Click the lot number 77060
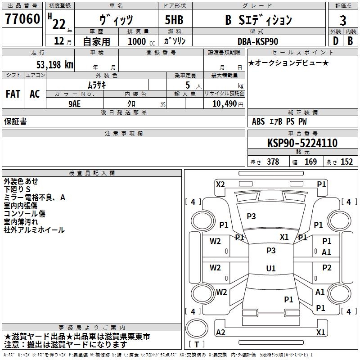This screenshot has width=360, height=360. click(x=22, y=20)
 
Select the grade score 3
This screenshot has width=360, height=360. click(x=343, y=21)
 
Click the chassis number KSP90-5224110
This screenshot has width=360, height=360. click(x=302, y=143)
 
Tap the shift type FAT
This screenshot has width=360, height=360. click(x=13, y=94)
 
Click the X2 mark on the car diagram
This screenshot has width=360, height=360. click(x=220, y=184)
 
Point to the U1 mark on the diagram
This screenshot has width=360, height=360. click(x=271, y=268)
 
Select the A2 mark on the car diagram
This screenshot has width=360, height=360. click(x=220, y=332)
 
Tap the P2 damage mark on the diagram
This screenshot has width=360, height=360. click(x=327, y=268)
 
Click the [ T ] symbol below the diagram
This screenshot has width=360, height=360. click(x=197, y=345)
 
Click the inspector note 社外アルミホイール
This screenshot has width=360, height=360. click(x=34, y=230)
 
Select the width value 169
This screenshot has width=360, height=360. click(x=310, y=162)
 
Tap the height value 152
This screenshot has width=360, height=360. click(x=346, y=162)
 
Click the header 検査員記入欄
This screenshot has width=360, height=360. click(x=92, y=173)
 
